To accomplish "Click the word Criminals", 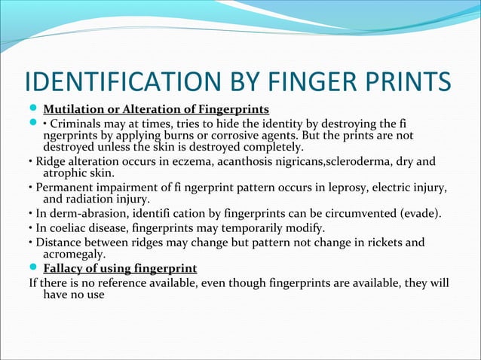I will [x=81, y=124].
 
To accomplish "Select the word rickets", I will [x=381, y=243].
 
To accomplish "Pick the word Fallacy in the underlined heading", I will [x=65, y=268].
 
